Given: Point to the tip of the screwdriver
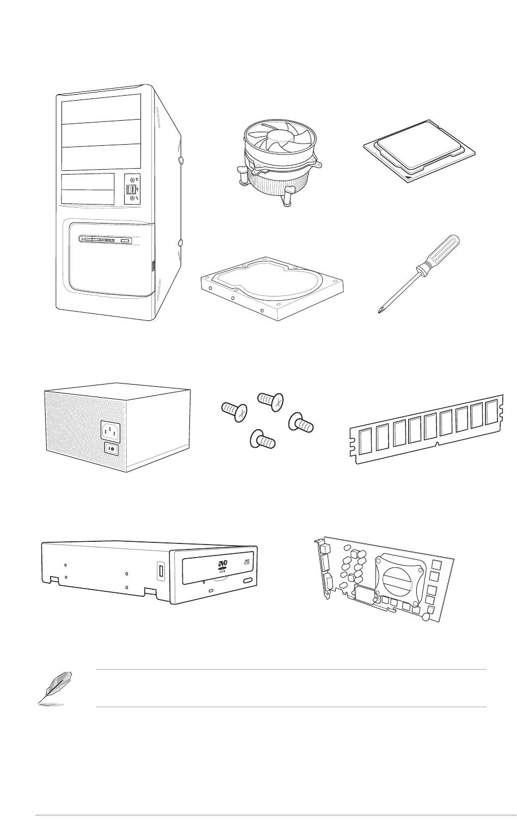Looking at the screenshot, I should coord(379,311).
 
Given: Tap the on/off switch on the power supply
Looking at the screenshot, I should coord(112,449).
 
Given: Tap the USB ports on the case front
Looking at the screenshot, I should coord(131,189).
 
